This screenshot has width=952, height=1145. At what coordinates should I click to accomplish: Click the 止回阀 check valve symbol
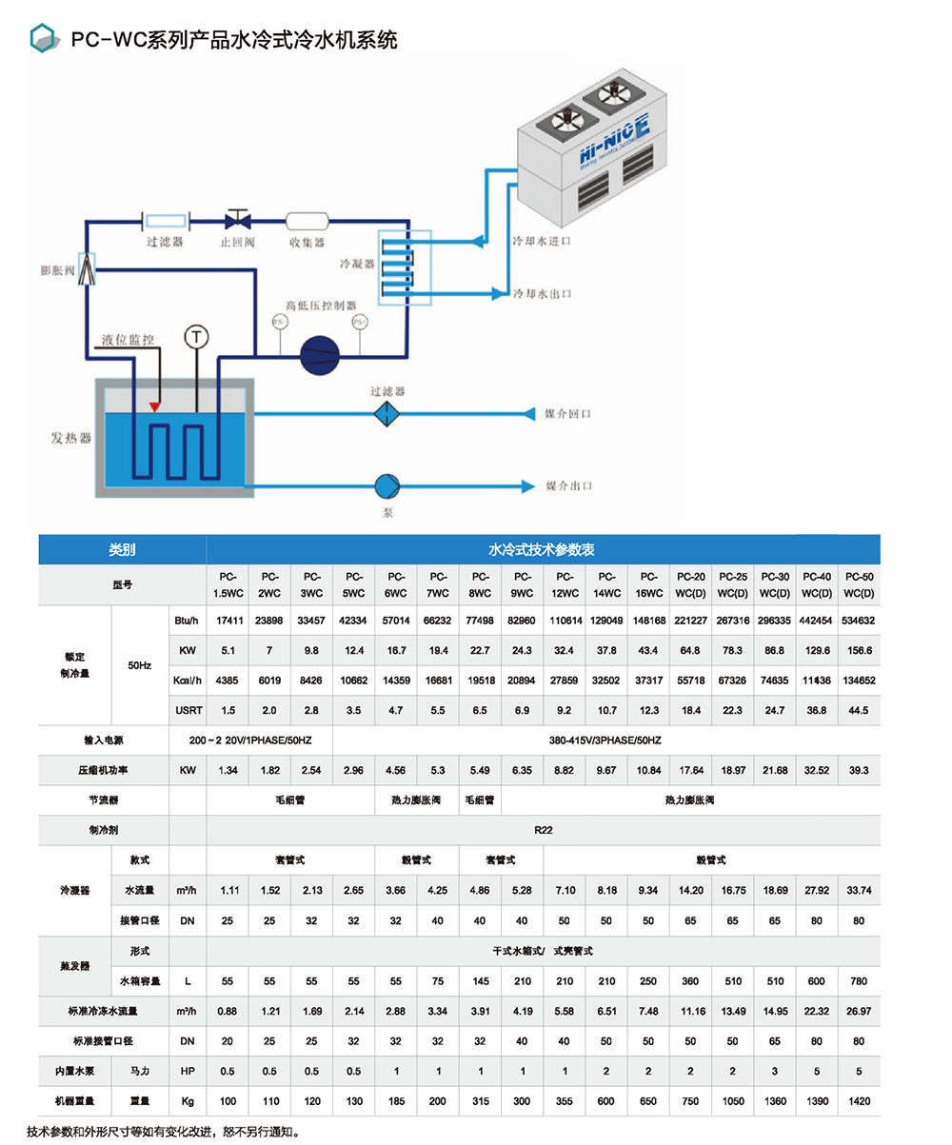(235, 221)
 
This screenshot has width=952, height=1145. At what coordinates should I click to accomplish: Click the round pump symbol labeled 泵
(387, 485)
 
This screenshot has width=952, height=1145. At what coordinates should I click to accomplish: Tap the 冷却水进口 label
(542, 242)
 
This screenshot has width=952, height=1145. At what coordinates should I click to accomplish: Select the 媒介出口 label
(568, 485)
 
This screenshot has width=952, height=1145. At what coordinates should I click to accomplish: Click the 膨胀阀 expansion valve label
(57, 270)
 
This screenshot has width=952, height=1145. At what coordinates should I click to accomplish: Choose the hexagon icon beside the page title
(42, 38)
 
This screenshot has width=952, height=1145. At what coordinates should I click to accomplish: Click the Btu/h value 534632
(859, 620)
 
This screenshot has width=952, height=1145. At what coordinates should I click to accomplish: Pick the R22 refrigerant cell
(543, 829)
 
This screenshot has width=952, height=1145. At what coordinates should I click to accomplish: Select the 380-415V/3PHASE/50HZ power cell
(605, 739)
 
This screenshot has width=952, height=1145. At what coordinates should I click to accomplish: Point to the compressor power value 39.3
(859, 770)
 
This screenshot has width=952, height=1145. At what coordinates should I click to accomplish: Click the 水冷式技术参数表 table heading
(543, 549)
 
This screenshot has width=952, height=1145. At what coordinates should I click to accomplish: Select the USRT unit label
(187, 710)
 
